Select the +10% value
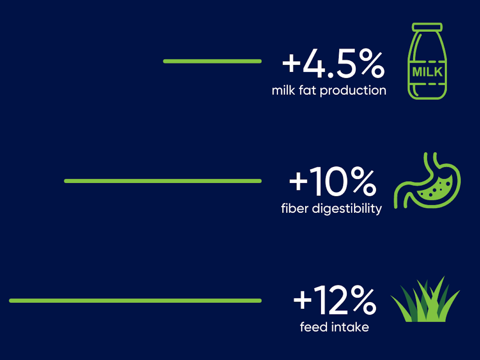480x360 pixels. [333, 183]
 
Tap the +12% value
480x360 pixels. [334, 301]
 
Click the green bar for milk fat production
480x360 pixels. [212, 61]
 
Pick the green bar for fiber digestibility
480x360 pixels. [163, 181]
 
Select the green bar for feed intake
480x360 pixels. [135, 300]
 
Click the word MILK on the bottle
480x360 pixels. [427, 72]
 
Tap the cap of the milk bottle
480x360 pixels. [427, 26]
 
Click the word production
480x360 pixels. [353, 91]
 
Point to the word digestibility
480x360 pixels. [347, 209]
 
